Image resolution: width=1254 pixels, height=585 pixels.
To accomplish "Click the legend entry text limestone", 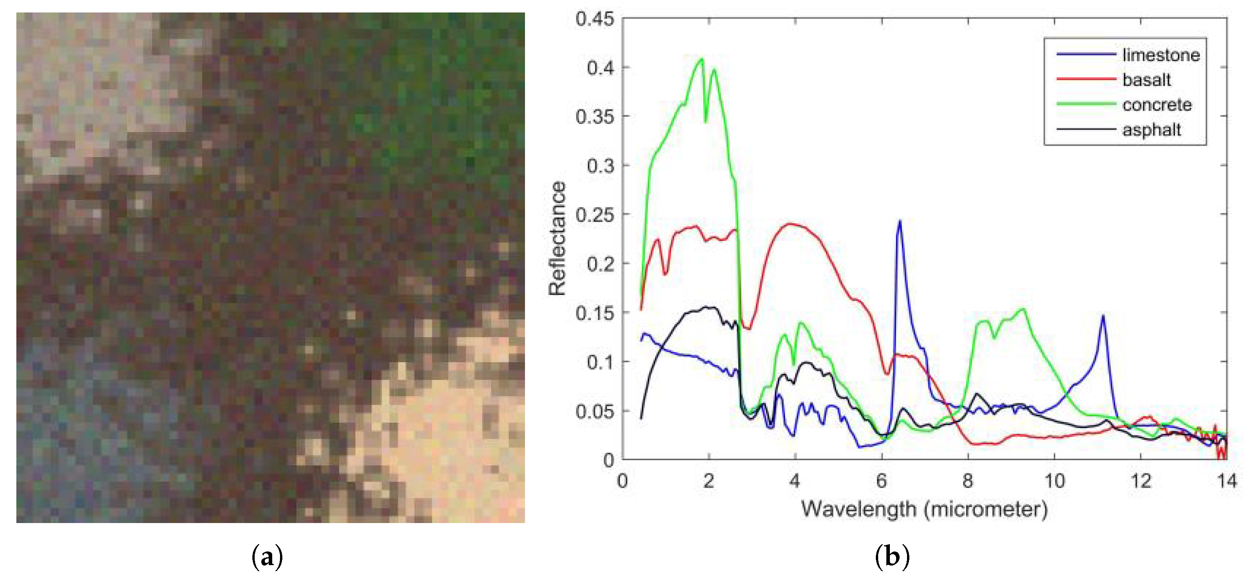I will [x=1161, y=55].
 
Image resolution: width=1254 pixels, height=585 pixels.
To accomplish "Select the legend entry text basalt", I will [x=1147, y=80].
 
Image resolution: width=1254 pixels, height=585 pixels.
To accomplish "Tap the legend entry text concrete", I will [x=1157, y=105].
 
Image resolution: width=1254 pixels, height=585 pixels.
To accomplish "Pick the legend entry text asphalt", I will [x=1152, y=130].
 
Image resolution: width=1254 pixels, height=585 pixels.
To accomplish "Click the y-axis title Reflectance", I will [x=557, y=239].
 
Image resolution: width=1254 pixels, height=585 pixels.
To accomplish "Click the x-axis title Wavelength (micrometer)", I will [x=924, y=509].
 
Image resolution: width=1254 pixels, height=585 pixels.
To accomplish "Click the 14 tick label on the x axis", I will [x=1226, y=481].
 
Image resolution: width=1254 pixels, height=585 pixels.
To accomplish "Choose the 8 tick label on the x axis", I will [x=967, y=481].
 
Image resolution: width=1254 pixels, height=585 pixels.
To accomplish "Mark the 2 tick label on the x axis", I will [x=708, y=481].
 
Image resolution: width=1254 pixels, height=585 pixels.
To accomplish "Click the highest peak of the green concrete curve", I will [x=701, y=59].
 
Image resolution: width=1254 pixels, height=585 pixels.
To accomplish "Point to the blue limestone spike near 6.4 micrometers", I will [x=900, y=221].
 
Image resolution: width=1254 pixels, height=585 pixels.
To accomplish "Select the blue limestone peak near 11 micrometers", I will [x=1103, y=316].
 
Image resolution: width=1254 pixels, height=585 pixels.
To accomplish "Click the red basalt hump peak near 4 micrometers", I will [x=791, y=224].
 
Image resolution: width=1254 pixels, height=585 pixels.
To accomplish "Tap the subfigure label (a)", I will [x=267, y=557].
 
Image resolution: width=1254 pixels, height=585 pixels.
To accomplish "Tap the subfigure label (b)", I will [x=892, y=557].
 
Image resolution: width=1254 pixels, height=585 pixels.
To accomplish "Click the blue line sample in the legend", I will [x=1086, y=55].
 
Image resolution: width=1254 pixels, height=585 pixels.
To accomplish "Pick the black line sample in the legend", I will [x=1086, y=129].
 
